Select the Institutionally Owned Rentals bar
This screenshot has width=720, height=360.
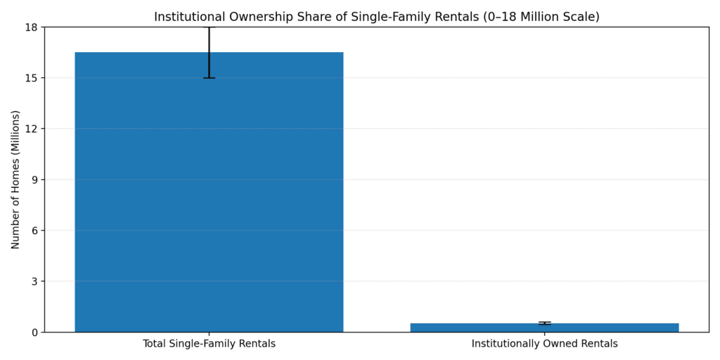click(x=544, y=328)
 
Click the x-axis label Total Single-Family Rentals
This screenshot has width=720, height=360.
click(x=209, y=344)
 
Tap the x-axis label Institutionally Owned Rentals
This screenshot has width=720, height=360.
click(x=544, y=344)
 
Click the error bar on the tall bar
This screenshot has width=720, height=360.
click(x=209, y=53)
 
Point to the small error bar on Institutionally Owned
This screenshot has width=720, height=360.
click(x=544, y=323)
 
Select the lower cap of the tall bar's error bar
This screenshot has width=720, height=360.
click(x=209, y=78)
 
